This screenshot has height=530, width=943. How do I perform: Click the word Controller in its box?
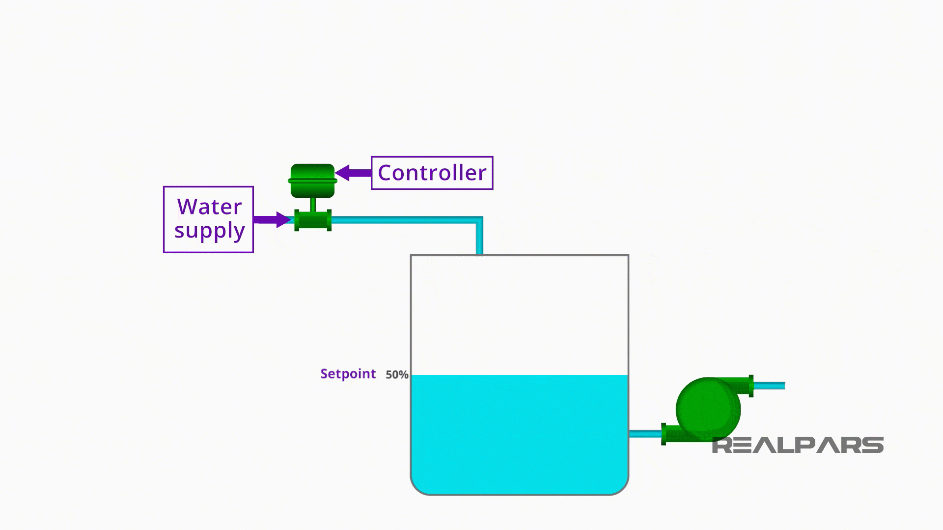(x=432, y=173)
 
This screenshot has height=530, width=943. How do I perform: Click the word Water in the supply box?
(x=209, y=207)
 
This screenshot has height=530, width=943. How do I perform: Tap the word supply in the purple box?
(x=209, y=230)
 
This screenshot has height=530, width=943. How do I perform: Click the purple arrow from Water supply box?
(x=272, y=219)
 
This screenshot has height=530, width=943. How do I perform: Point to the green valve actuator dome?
(x=312, y=180)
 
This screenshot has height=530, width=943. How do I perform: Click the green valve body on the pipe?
(x=313, y=220)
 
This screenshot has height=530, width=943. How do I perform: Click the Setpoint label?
(x=348, y=374)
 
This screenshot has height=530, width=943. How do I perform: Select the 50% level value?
(x=397, y=375)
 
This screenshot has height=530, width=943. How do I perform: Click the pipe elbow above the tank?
(x=478, y=220)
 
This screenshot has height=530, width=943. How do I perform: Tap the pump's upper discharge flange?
(x=751, y=386)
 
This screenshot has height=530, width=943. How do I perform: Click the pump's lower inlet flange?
(x=664, y=434)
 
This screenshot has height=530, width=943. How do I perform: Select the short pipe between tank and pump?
(x=645, y=434)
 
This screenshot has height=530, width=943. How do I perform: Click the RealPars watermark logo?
(x=798, y=445)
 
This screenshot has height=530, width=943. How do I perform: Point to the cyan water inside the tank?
(x=519, y=432)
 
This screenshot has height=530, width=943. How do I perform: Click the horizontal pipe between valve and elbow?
(x=403, y=220)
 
